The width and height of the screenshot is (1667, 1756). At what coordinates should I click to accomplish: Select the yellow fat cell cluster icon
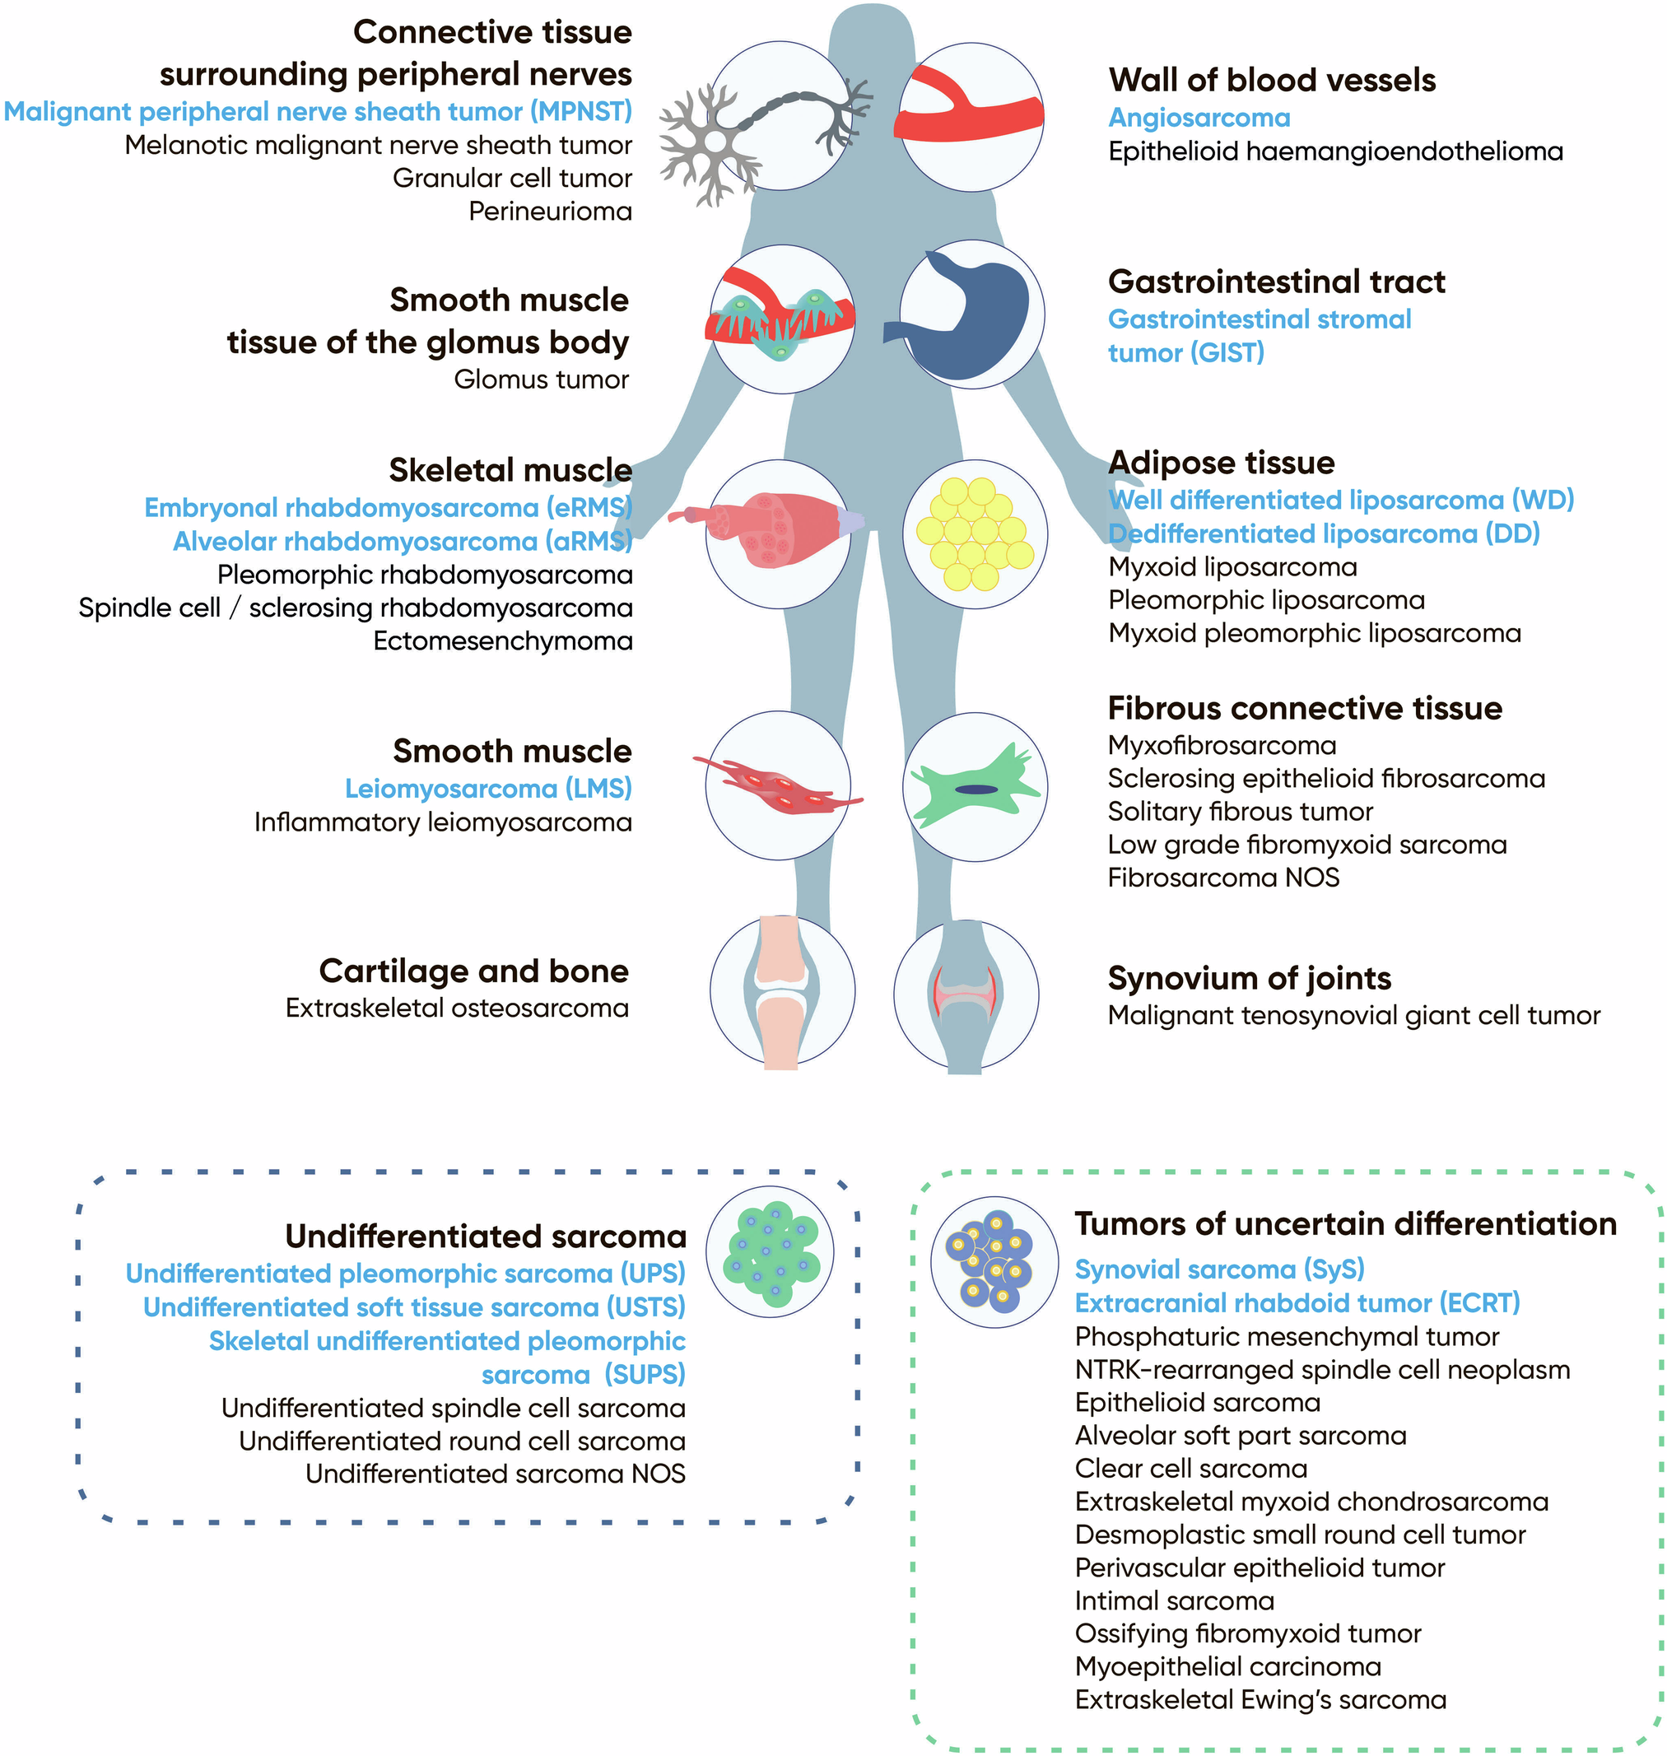point(975,534)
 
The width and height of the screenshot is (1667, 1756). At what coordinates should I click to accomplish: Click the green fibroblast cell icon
point(975,787)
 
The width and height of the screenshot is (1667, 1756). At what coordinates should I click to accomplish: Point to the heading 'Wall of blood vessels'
point(1272,80)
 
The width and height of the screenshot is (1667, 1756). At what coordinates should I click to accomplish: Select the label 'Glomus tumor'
point(540,380)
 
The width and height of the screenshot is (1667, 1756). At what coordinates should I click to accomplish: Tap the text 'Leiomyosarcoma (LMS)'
point(488,788)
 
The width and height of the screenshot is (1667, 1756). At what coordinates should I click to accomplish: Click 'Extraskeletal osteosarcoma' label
point(457,1008)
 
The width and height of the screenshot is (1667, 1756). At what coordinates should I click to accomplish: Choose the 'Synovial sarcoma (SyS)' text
point(1219,1269)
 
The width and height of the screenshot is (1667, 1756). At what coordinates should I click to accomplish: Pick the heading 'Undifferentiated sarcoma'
point(485,1237)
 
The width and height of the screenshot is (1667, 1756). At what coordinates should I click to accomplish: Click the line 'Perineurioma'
point(550,212)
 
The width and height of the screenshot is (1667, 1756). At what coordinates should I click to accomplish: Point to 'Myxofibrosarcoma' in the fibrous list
point(1222,746)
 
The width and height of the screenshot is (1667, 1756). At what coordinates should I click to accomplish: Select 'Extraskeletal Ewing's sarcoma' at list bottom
point(1260,1700)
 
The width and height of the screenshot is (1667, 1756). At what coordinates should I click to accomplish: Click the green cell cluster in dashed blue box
point(771,1252)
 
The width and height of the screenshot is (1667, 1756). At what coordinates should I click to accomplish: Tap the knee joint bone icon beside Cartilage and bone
point(782,992)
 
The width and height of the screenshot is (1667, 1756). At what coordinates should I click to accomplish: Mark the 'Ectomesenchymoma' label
point(502,640)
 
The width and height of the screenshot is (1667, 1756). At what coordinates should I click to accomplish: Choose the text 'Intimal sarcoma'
point(1174,1600)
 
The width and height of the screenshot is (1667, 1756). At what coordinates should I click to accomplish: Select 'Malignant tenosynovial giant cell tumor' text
point(1353,1015)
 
